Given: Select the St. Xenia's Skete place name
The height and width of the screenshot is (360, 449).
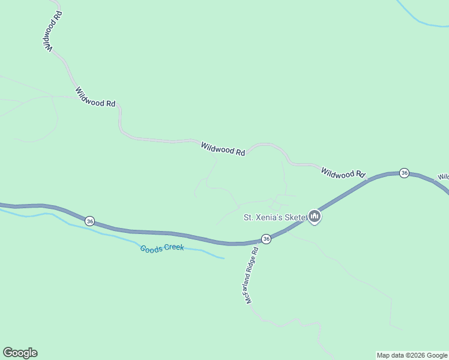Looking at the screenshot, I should click(274, 217).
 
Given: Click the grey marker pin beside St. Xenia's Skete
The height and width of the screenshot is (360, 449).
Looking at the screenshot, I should click(314, 217).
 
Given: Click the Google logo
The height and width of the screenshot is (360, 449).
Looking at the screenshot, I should click(20, 353).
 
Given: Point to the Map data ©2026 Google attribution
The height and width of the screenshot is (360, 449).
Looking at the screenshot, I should click(412, 355).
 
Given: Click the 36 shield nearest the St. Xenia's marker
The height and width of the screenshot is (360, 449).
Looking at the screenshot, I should click(267, 239).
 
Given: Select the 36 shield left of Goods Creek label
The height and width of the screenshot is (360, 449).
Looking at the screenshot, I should click(89, 220).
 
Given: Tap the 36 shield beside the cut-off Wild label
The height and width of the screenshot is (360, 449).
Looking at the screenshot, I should click(404, 173).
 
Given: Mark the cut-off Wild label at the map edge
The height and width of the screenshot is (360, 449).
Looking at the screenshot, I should click(443, 177).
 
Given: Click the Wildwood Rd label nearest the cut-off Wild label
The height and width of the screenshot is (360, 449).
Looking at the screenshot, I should click(343, 173).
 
